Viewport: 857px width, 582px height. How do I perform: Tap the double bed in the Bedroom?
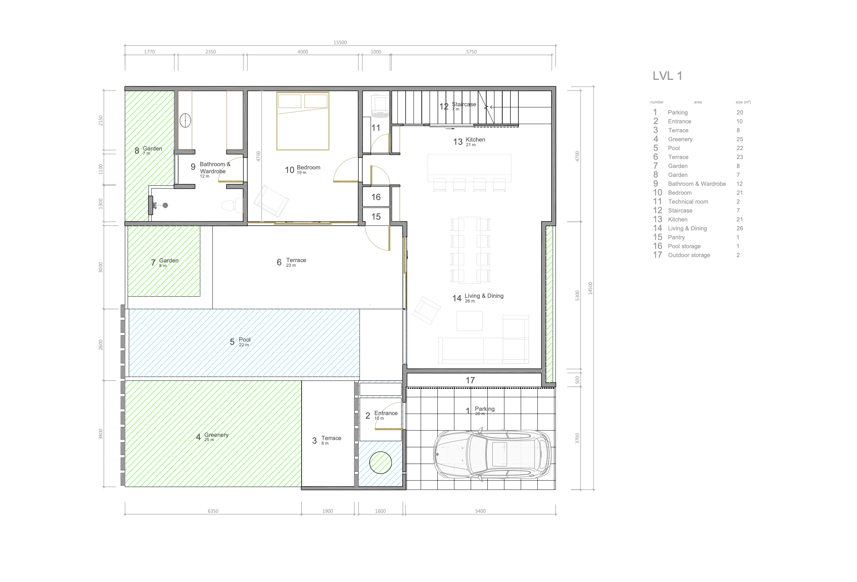click(303, 121)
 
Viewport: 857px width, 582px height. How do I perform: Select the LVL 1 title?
click(667, 76)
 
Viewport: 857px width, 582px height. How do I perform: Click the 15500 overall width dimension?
click(340, 42)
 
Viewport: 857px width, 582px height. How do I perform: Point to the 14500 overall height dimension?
click(590, 288)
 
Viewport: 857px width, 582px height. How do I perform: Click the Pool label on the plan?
click(245, 340)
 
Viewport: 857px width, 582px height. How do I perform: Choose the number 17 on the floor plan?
click(470, 380)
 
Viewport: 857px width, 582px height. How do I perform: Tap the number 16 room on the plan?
click(376, 197)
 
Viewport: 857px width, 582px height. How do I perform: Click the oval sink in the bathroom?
click(185, 120)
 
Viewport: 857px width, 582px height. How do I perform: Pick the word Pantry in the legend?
click(676, 237)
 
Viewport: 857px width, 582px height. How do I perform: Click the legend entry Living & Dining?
click(687, 228)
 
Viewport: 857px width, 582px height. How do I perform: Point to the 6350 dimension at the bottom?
click(213, 511)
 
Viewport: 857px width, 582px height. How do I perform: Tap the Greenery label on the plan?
click(216, 435)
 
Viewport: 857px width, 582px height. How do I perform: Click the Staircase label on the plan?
click(464, 104)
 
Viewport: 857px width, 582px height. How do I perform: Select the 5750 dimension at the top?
click(471, 52)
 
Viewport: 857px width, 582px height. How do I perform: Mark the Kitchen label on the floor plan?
click(475, 139)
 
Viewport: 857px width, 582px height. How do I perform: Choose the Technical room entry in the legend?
click(688, 202)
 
